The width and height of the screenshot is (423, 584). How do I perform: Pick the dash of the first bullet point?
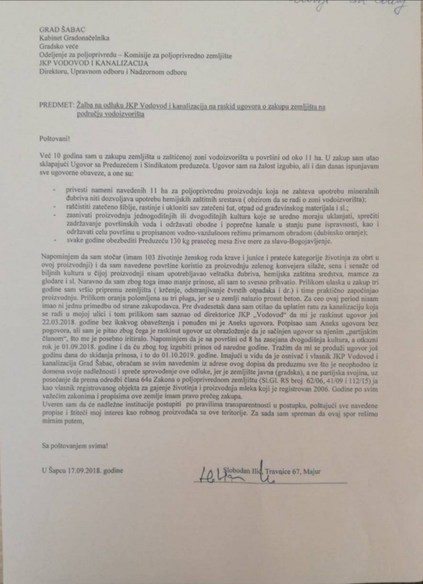coord(55,188)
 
